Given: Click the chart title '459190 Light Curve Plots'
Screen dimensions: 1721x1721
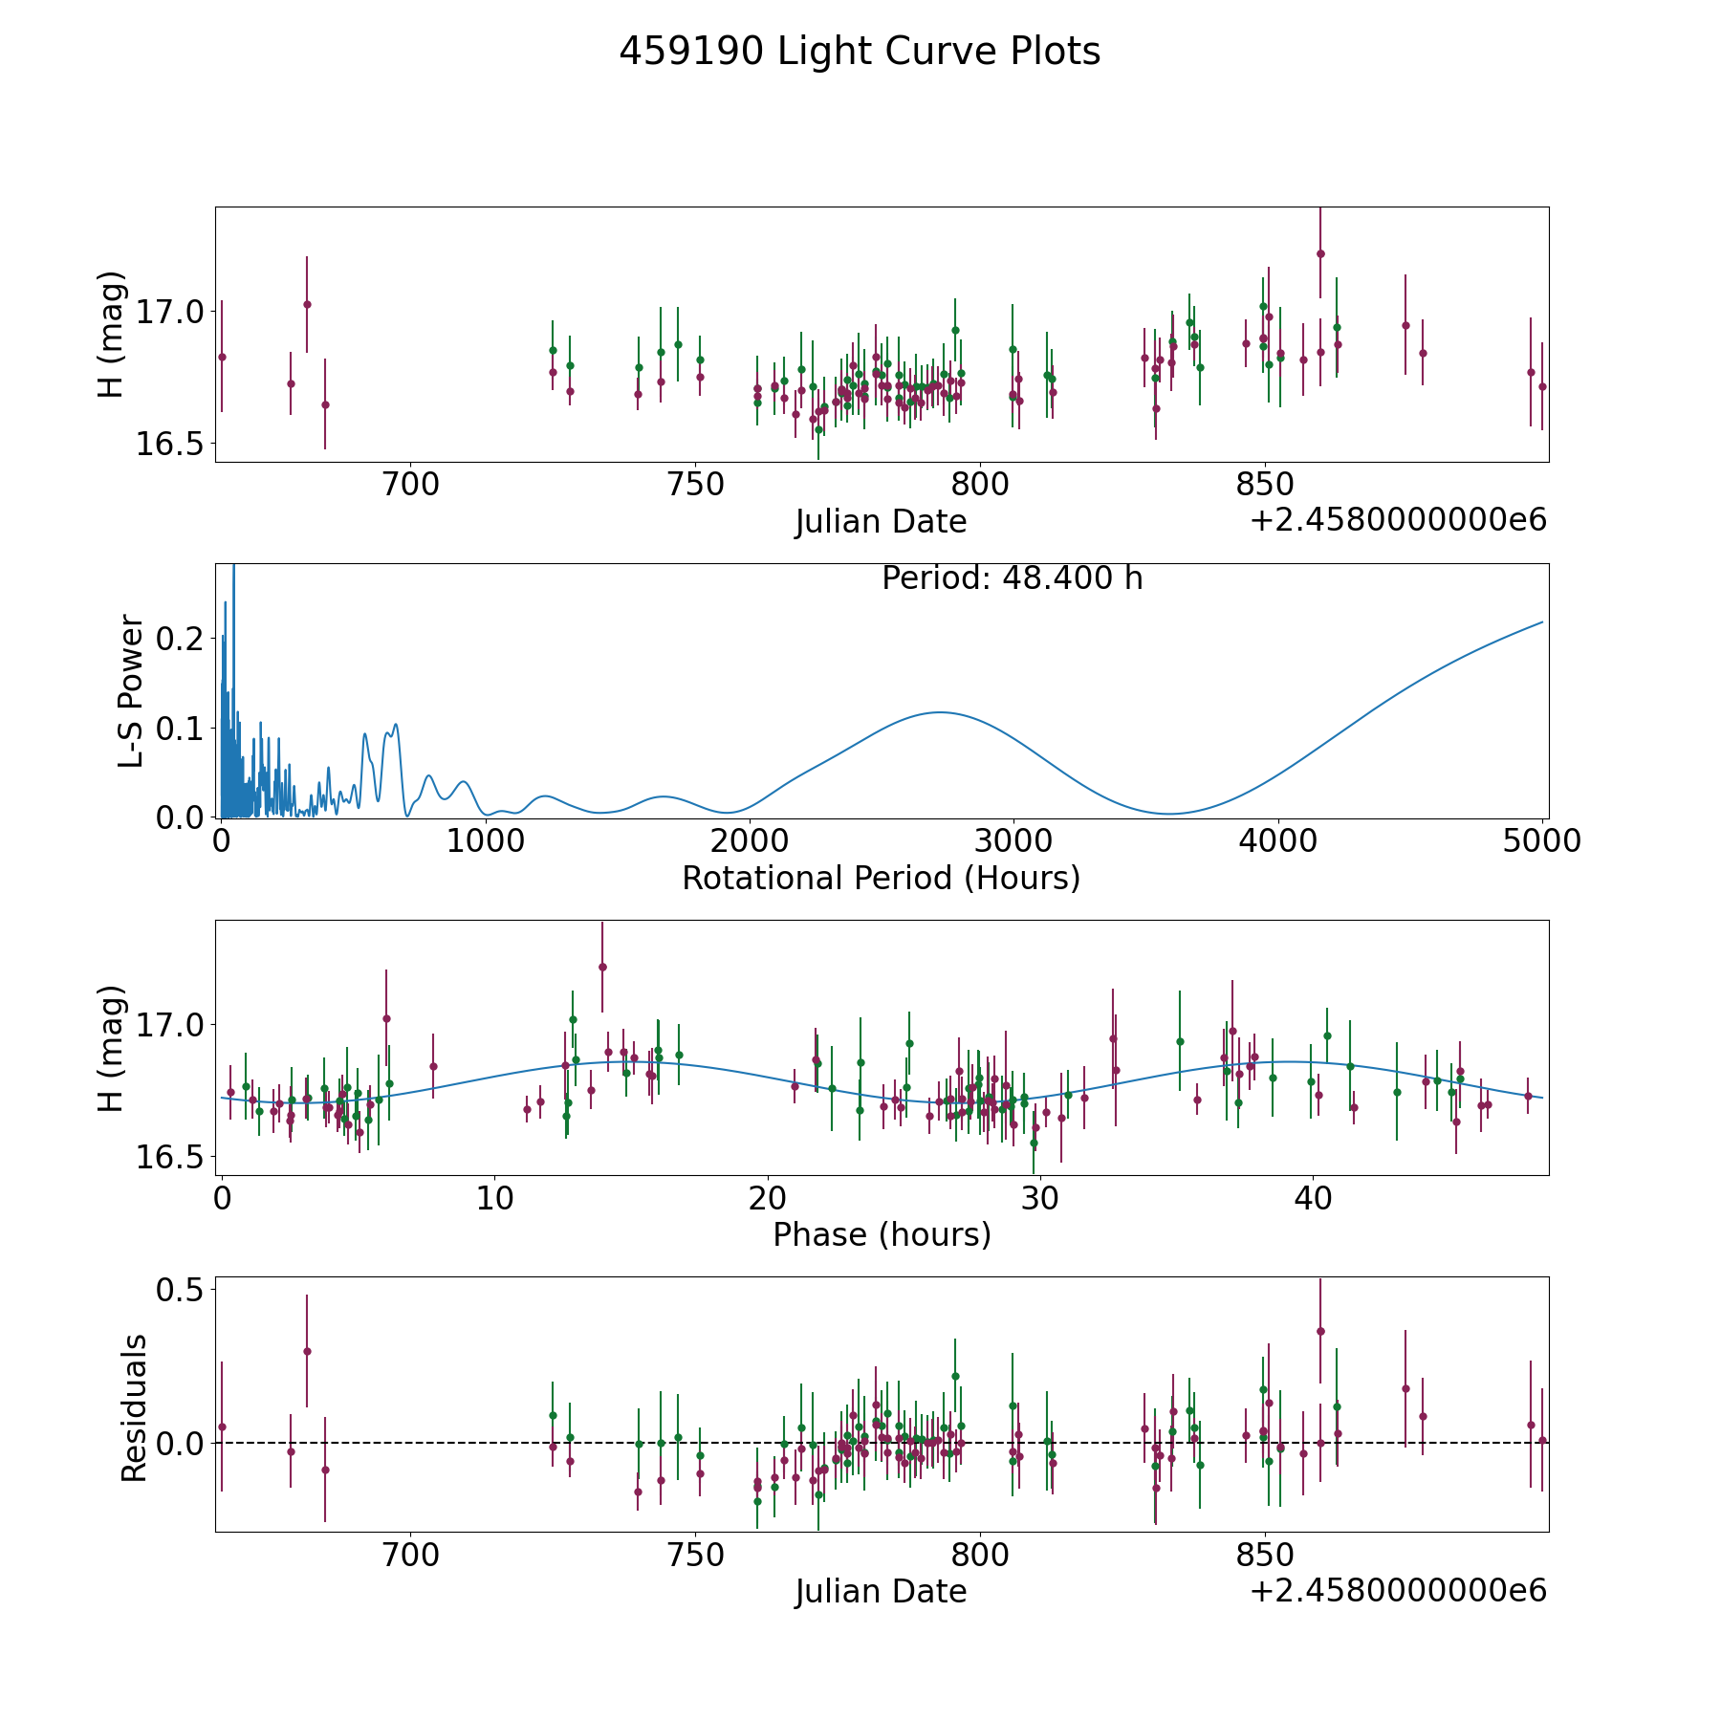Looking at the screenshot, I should tap(860, 52).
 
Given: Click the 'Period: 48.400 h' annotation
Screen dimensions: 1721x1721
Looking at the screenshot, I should tap(1012, 578).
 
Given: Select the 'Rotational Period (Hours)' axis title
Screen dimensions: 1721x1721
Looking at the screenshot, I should tap(881, 878).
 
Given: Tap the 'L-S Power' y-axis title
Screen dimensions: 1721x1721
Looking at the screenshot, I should tap(132, 690).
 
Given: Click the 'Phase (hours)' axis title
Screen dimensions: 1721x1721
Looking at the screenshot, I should tap(882, 1234).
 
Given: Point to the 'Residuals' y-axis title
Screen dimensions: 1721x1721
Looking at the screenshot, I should tap(134, 1407).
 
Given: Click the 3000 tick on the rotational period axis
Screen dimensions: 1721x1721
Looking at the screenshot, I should tap(1013, 841).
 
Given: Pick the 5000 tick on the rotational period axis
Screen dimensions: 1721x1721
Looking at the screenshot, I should tap(1541, 841).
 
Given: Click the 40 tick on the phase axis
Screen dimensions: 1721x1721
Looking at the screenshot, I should tap(1313, 1198).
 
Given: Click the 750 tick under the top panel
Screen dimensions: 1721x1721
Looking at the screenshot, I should tap(695, 485).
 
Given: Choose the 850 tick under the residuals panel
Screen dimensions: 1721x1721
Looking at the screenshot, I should tap(1265, 1556).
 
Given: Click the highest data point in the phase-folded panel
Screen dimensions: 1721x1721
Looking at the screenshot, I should tap(602, 967).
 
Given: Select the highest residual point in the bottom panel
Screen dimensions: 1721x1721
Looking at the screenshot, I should tap(1320, 1331).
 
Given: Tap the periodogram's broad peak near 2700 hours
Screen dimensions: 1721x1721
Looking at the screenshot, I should tap(940, 712).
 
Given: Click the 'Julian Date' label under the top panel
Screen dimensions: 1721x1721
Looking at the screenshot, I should tap(881, 522).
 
